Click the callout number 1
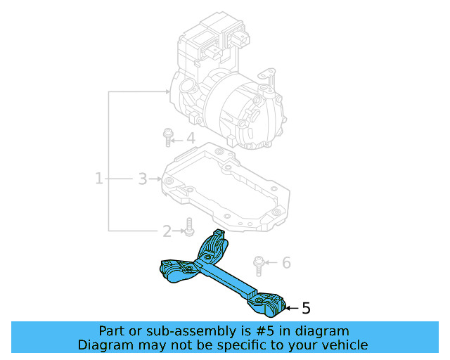(x=99, y=179)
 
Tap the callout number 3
(x=142, y=179)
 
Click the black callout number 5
(x=305, y=308)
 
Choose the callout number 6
(x=286, y=263)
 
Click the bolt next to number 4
(x=168, y=136)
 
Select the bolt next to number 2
(x=188, y=227)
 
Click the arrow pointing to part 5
(x=292, y=308)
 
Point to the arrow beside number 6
(x=274, y=263)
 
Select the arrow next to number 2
(x=178, y=230)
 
